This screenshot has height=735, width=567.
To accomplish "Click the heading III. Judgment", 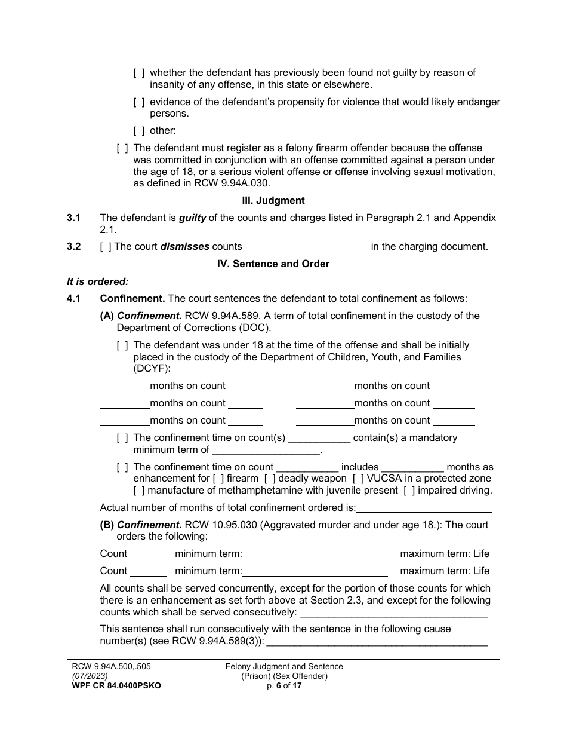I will pos(273,201).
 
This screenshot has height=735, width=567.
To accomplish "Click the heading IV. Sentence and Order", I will pos(273,264).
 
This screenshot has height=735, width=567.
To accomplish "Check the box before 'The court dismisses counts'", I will pos(106,246).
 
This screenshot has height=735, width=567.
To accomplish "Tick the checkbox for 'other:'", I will pos(138,131).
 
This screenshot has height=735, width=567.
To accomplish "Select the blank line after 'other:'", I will pos(334,131).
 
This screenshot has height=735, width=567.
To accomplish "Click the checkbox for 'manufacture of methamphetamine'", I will pos(138,491).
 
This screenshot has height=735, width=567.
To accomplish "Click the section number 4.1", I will pos(74,298).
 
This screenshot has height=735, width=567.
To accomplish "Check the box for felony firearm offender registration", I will pos(122,148).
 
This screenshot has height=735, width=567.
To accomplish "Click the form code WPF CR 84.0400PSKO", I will pos(113,686).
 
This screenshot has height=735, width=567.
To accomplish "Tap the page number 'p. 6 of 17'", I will pos(284,686).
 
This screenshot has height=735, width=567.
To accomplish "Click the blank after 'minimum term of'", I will pos(266,450).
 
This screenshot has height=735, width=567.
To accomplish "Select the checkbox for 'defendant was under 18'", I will pos(122,345).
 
